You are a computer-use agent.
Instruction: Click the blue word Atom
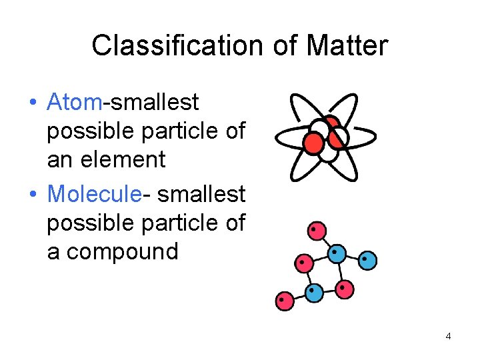click(x=75, y=102)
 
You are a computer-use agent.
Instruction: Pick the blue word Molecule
click(x=94, y=194)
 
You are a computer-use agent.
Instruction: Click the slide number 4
click(x=448, y=336)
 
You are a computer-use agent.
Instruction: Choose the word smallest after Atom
click(x=155, y=102)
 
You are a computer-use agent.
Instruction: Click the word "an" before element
click(x=61, y=159)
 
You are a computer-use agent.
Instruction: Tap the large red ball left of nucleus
click(x=313, y=141)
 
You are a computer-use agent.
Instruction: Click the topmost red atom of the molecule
click(x=317, y=231)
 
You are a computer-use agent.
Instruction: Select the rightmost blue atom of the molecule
click(x=367, y=259)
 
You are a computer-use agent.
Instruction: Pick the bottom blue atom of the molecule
click(x=314, y=291)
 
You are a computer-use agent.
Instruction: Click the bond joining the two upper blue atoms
click(x=353, y=257)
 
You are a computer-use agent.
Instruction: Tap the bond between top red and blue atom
click(x=327, y=242)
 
